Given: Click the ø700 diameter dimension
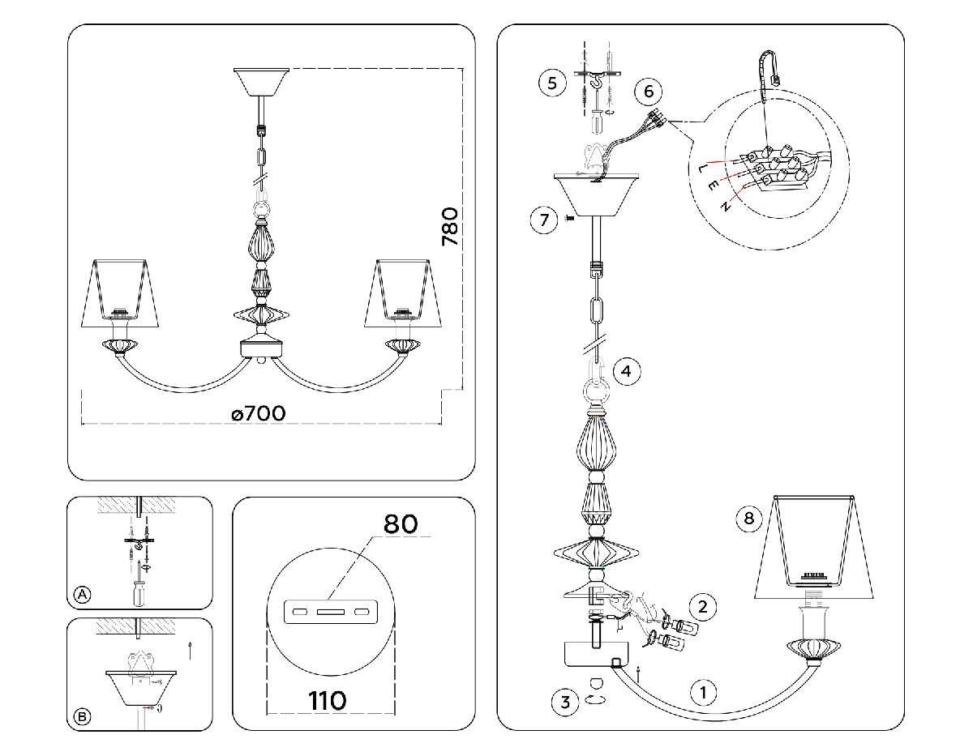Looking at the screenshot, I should [x=258, y=413].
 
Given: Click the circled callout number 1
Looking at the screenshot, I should [x=703, y=692].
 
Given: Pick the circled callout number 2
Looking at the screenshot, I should [x=703, y=605].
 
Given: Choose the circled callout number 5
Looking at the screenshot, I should [x=552, y=83].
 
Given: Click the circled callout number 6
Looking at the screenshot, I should [x=649, y=91].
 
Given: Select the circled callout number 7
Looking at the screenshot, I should [x=545, y=218].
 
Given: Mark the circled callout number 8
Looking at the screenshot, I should [x=749, y=519].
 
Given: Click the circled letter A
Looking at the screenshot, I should [x=82, y=594].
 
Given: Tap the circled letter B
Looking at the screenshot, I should [x=82, y=715].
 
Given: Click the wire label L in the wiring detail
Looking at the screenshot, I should [x=701, y=169].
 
